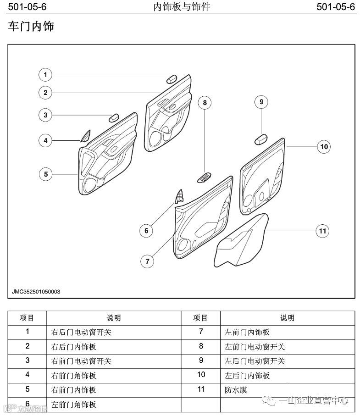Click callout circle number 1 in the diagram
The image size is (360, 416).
point(45,74)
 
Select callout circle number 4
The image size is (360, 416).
point(45,140)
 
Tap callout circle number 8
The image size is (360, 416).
point(205,103)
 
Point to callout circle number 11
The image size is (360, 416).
point(323,231)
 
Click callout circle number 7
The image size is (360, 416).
point(147,261)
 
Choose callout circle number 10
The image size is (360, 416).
point(324,147)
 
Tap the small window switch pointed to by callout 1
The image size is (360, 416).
point(172,78)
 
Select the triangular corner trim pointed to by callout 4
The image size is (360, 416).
point(85,136)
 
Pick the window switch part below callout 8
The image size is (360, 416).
point(205,177)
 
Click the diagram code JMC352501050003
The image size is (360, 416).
point(36,291)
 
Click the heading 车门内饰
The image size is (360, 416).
point(31,27)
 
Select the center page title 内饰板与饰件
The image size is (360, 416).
point(181,7)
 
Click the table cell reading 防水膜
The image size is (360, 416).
point(237,390)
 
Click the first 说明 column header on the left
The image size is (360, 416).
point(114,318)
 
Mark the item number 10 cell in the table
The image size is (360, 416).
point(201,375)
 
